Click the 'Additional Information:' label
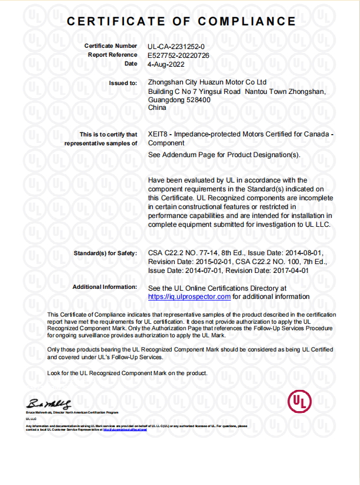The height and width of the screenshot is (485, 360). pos(104,287)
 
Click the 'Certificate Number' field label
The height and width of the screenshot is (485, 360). pos(111,45)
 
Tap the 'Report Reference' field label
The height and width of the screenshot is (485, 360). pos(113,54)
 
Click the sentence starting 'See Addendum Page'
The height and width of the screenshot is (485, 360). pos(224,155)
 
